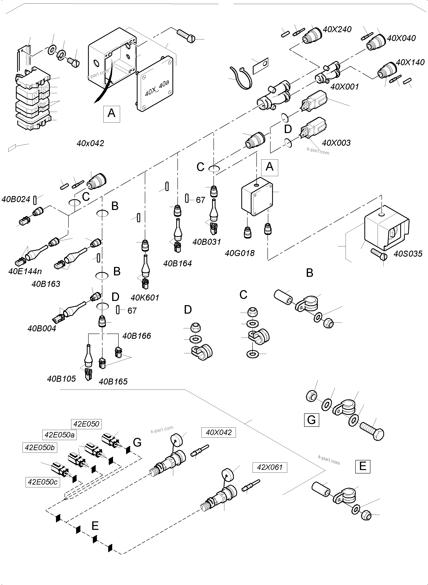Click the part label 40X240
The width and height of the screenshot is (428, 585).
tap(337, 30)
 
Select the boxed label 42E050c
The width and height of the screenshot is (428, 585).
tap(43, 482)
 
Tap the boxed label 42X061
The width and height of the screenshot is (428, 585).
tap(269, 467)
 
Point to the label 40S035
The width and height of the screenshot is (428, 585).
tap(408, 254)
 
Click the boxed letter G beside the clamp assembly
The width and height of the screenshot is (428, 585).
tap(311, 420)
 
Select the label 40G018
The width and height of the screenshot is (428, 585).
tap(240, 253)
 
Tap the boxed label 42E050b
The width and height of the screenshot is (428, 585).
tap(40, 448)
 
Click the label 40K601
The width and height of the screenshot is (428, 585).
tap(145, 298)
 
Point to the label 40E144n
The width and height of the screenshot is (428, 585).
tap(25, 271)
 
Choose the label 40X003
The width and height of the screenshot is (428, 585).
tap(336, 143)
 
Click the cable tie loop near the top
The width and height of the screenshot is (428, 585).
tap(241, 78)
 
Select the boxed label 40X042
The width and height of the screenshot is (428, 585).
tap(219, 432)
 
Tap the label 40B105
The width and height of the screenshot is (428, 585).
tap(61, 379)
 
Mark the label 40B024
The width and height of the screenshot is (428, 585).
tap(16, 199)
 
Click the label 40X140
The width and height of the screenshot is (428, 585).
tap(410, 62)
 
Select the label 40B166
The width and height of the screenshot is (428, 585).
tap(137, 336)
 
